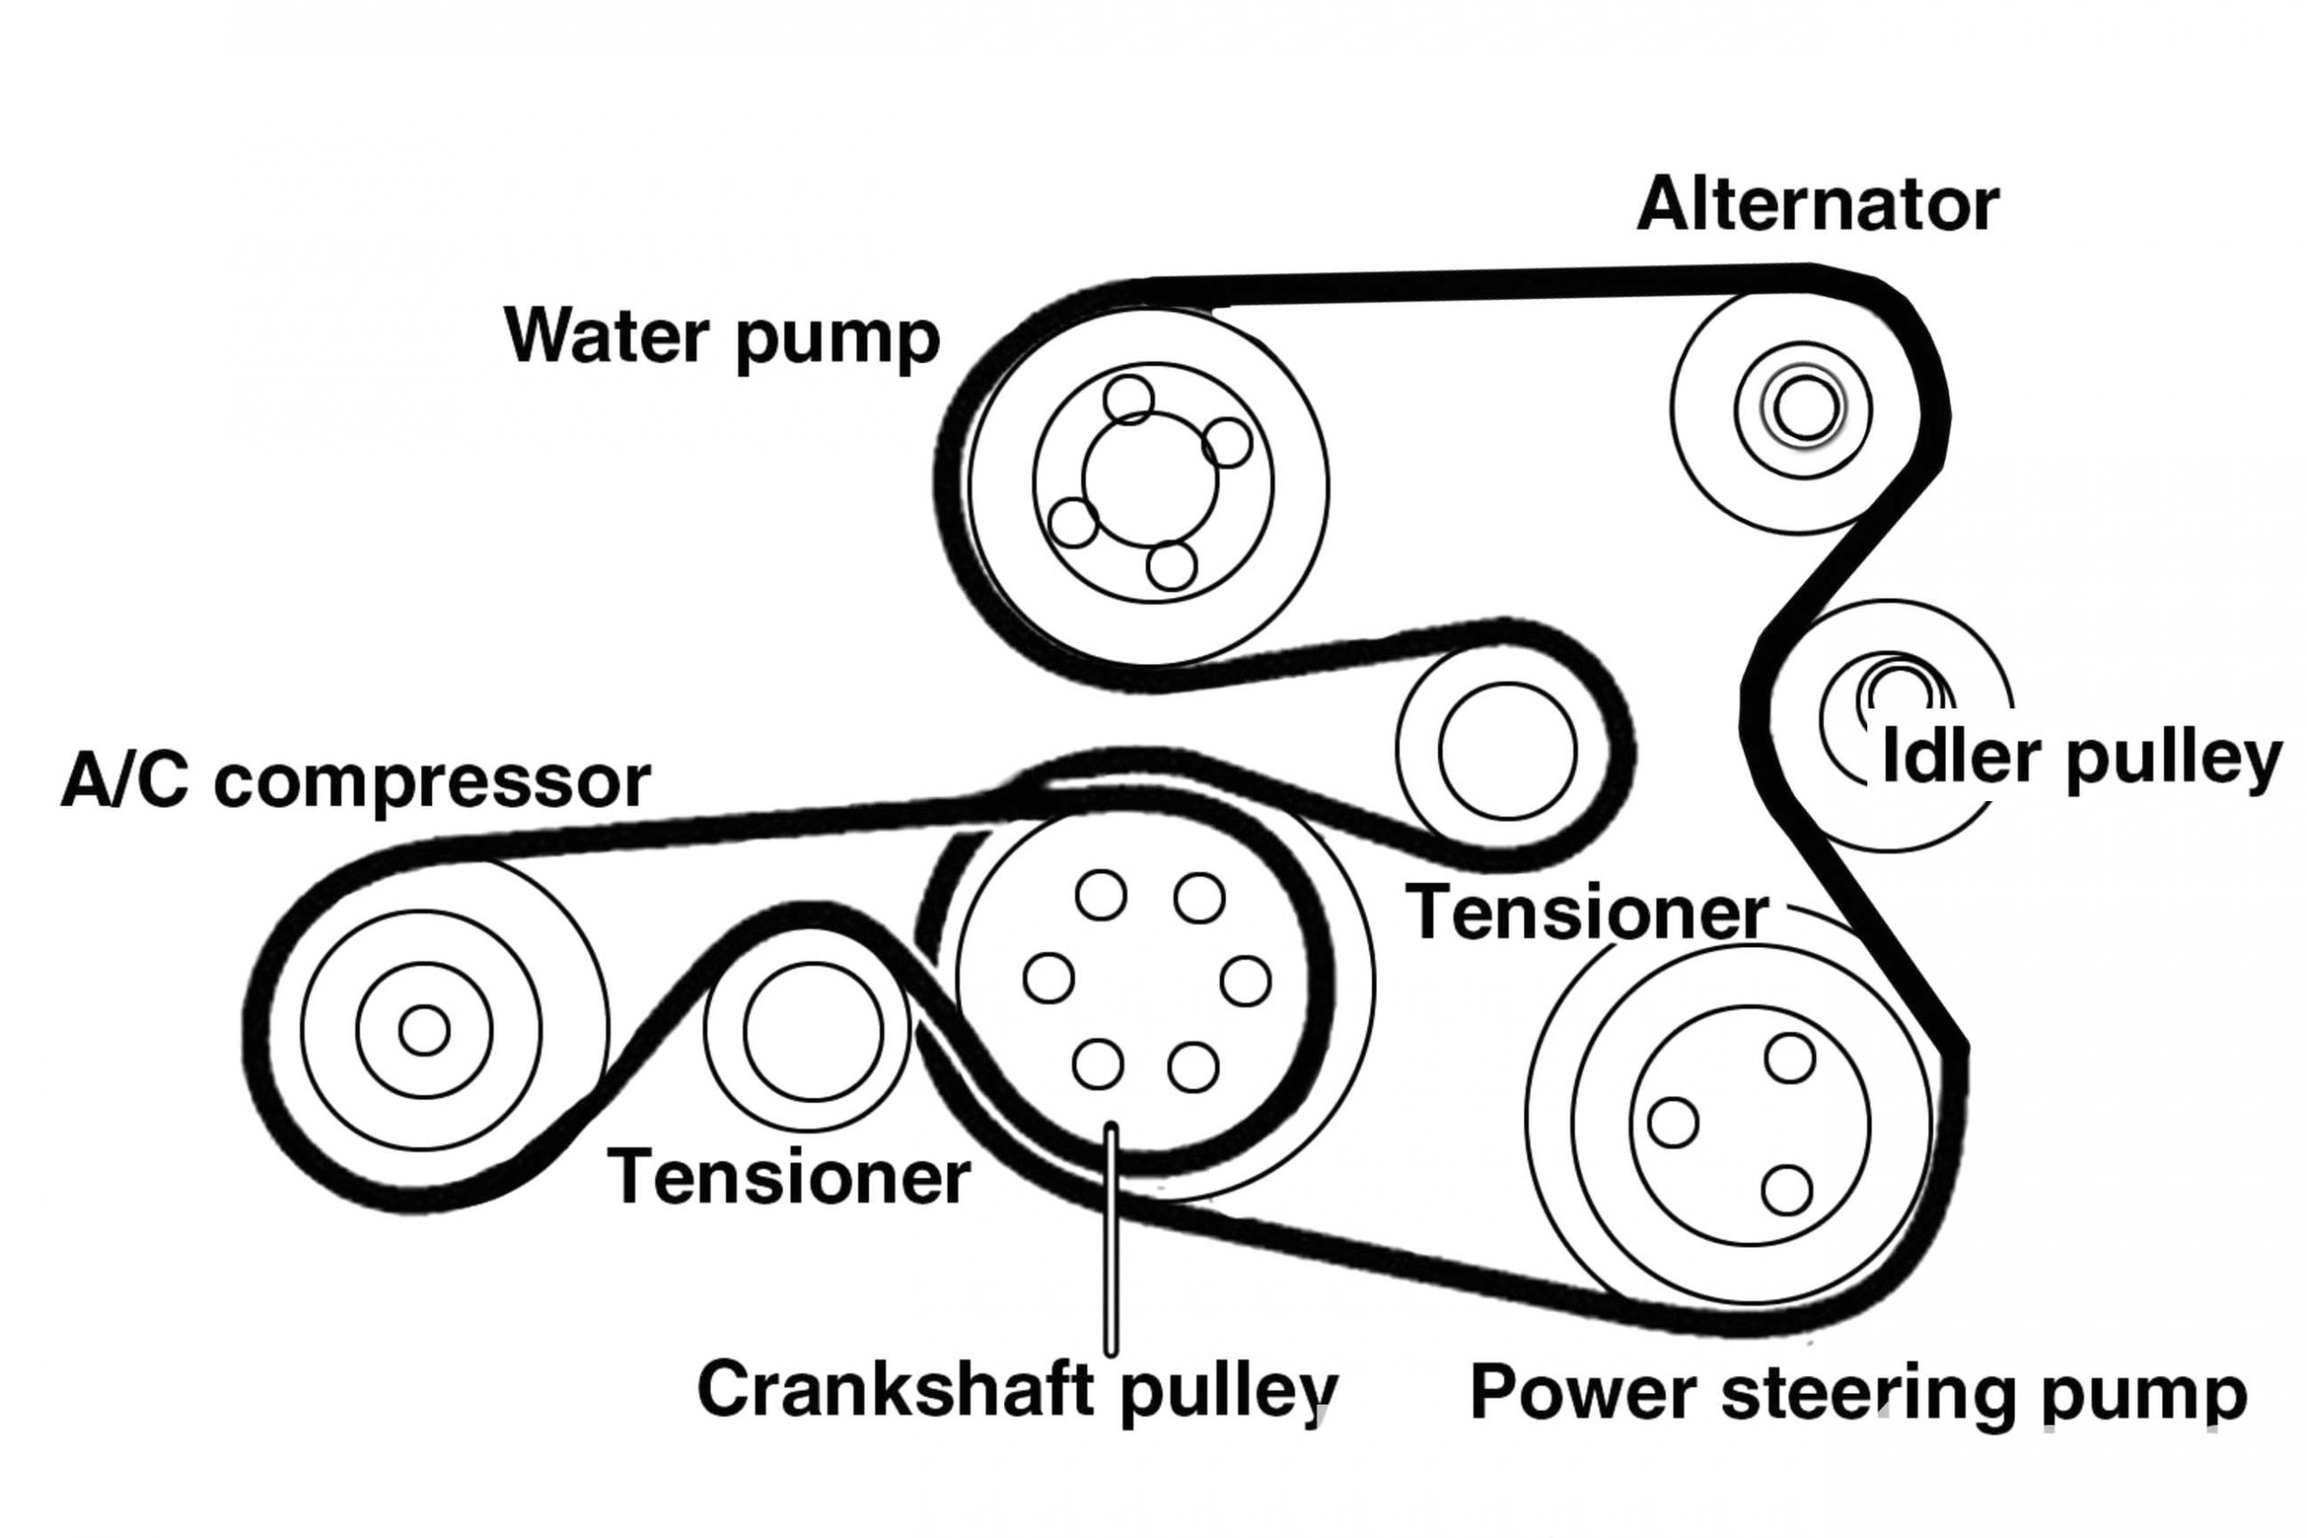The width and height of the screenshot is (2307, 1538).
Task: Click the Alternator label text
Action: click(1817, 206)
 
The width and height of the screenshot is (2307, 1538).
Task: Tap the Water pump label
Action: click(722, 336)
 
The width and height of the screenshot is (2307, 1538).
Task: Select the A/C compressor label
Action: click(355, 781)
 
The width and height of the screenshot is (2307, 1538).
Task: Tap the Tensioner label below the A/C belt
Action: click(789, 1177)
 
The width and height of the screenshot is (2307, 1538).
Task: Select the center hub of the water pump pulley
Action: click(1150, 479)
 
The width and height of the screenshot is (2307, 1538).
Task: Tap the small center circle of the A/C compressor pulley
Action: click(424, 1031)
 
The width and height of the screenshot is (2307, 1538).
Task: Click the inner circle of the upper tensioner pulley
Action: click(1508, 751)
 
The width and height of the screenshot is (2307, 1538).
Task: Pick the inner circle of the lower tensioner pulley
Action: click(812, 1032)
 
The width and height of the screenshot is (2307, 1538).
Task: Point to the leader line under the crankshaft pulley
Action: click(1110, 1246)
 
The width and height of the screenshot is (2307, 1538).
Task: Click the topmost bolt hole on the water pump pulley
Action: click(1128, 399)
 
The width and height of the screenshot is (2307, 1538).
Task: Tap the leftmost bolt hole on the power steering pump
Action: click(1673, 1122)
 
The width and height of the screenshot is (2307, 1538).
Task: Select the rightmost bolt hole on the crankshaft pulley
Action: click(1245, 981)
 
